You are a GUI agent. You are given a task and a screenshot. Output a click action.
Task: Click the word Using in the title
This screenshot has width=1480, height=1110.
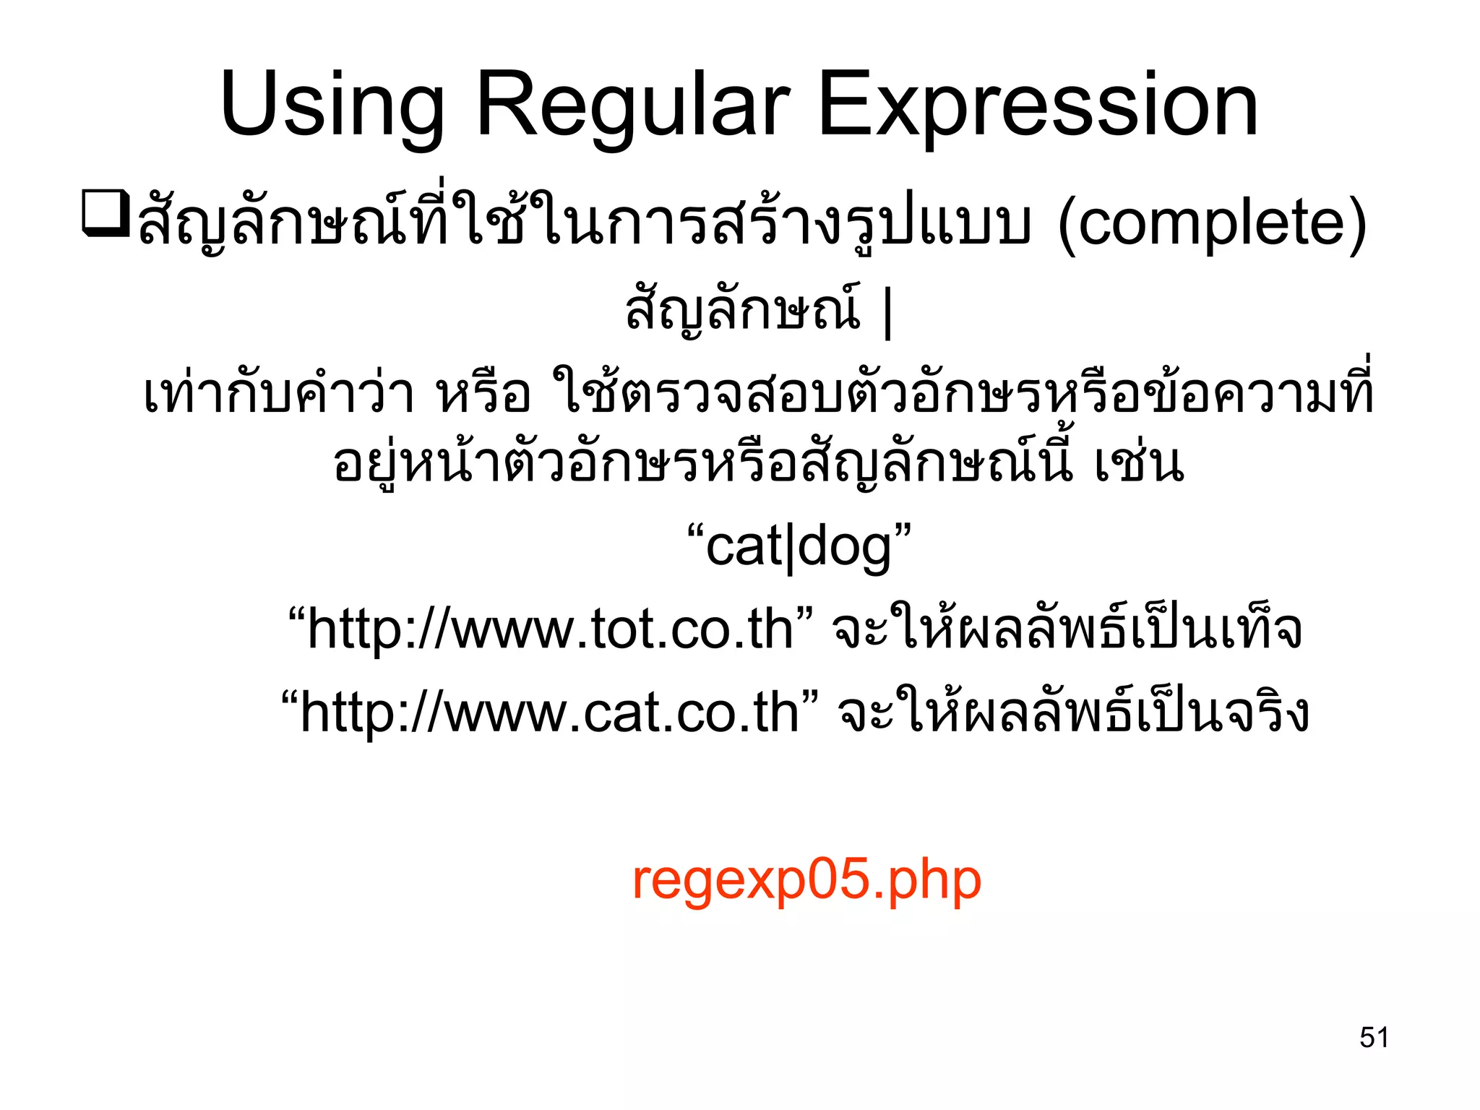[332, 106]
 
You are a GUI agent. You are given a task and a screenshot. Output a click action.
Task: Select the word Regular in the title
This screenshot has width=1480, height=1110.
[633, 106]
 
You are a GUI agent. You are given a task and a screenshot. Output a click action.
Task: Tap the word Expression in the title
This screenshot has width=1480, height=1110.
[1038, 106]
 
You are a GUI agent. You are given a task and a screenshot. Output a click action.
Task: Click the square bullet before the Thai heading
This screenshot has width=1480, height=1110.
[106, 213]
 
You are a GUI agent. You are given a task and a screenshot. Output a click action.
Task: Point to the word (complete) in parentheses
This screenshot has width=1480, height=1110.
[1212, 223]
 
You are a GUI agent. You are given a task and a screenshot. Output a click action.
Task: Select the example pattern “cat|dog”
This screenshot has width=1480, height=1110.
[799, 547]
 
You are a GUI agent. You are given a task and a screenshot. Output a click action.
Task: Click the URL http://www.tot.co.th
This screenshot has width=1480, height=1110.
[550, 629]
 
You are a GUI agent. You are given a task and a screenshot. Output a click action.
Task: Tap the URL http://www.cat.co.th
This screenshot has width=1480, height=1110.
[549, 712]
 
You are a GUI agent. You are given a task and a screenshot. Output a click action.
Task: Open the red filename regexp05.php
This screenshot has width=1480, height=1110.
[806, 879]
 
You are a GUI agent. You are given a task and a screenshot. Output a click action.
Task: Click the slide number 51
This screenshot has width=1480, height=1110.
[1374, 1037]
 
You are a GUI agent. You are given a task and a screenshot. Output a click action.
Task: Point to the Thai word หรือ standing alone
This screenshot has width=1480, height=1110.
[483, 395]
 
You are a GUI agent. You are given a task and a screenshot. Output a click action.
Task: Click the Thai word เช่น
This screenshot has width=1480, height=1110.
[1139, 464]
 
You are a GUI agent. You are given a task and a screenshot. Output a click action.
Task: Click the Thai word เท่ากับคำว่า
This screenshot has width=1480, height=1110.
[279, 395]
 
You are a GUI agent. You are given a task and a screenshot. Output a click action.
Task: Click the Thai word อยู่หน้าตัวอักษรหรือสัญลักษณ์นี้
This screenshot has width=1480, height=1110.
[703, 464]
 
